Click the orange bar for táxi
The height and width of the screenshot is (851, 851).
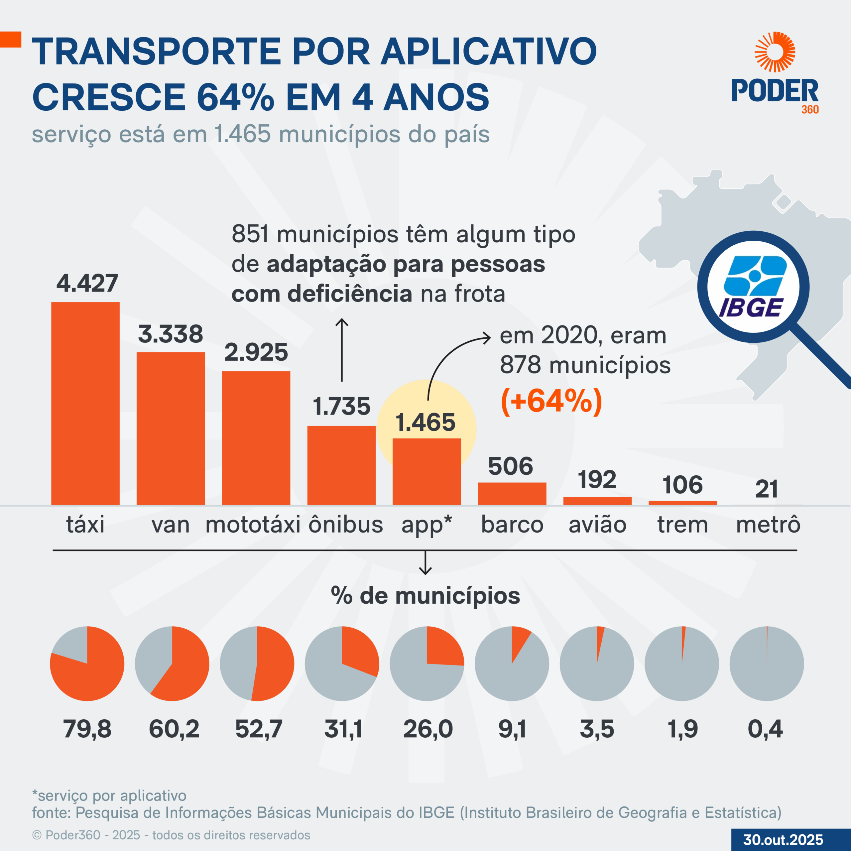tap(85, 403)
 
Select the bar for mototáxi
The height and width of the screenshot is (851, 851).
tap(256, 438)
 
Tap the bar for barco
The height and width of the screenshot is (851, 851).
tap(512, 493)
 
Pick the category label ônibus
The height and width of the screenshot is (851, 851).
tap(346, 525)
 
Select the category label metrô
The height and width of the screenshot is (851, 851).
tap(768, 525)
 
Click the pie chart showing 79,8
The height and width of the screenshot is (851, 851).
tap(87, 664)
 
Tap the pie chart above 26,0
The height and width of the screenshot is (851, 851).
tap(427, 664)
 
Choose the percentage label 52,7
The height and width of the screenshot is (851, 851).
tap(259, 729)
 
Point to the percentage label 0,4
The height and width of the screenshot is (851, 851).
tap(765, 729)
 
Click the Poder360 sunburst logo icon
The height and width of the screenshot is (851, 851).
tap(775, 52)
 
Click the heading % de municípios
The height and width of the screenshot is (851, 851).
tap(425, 595)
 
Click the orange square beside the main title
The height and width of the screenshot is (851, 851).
tap(11, 39)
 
